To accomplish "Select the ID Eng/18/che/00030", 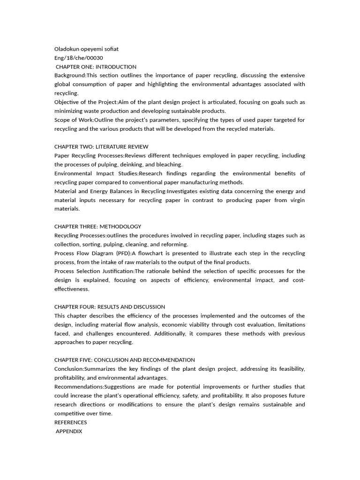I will coord(78,58).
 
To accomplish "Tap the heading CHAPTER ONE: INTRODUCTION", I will coord(96,67).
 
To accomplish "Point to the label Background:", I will coord(70,75).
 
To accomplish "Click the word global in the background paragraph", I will coord(63,84).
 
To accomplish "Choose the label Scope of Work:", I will coord(74,120).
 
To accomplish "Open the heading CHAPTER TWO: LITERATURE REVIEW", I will coord(101,147).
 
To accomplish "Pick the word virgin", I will coord(296,200).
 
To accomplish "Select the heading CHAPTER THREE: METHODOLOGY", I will coord(97,226).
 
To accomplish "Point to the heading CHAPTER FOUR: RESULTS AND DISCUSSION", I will coord(110,307).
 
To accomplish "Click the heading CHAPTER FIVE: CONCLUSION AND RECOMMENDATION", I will coord(125,360).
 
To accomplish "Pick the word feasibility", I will coord(288,369).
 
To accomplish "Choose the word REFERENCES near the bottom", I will coord(71,422).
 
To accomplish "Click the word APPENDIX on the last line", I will coord(69,431).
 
